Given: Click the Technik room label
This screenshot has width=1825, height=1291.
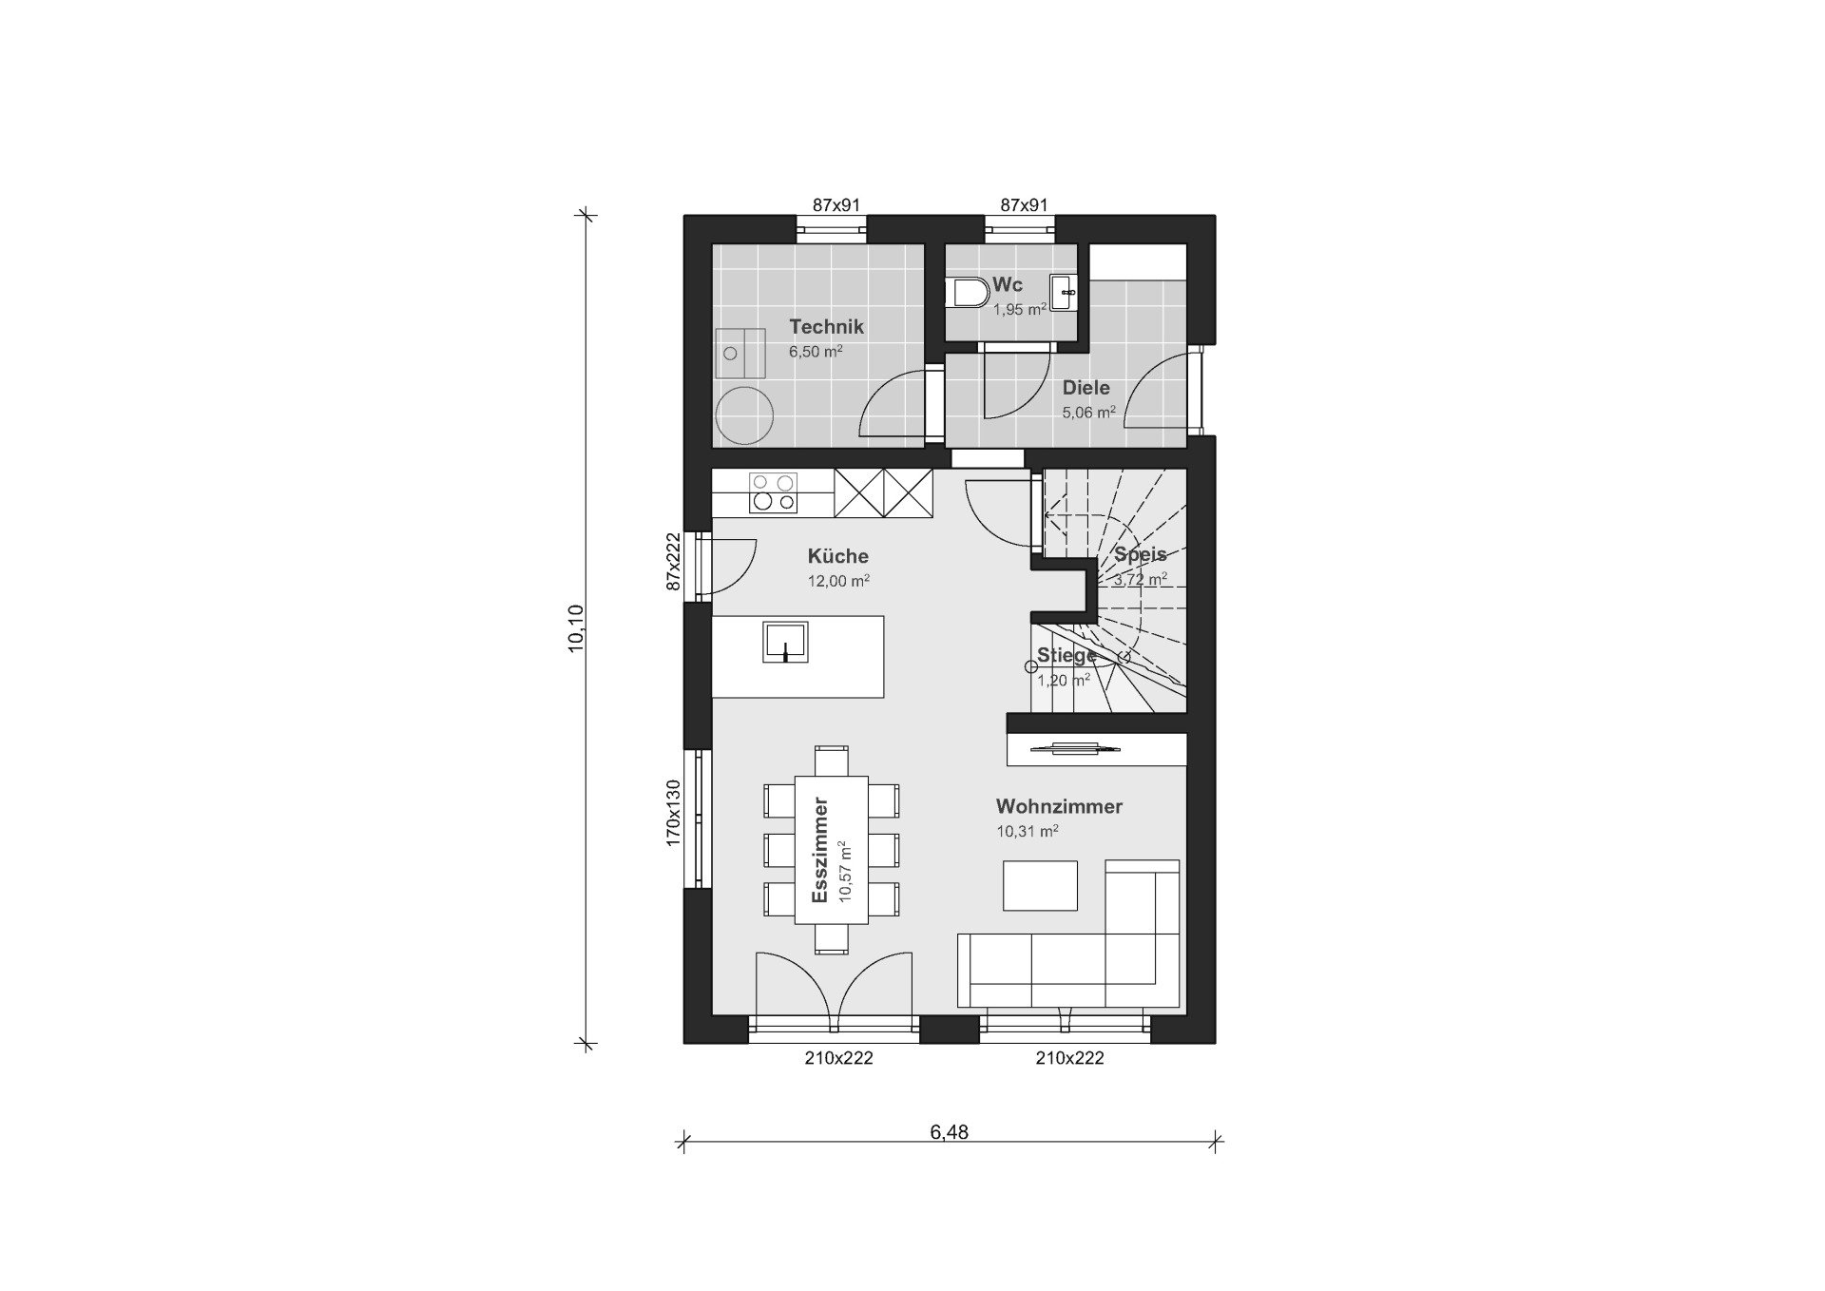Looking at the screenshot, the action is coord(826,327).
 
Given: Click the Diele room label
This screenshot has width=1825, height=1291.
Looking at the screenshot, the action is coord(1085,388).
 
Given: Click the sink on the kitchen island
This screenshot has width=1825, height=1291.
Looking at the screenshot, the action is coord(785,642).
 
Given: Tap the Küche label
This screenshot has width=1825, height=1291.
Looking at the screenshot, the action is coord(837,556).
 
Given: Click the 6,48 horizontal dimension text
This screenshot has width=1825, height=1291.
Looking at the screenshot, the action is coord(949,1131).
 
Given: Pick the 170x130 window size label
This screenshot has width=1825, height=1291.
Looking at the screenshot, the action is coord(673,813).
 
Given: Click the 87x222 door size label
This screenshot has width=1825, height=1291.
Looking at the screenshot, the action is coord(673,562).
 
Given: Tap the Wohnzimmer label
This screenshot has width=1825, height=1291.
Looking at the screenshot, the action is coord(1059,806).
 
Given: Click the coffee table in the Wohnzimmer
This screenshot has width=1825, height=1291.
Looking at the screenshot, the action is coord(1040,885).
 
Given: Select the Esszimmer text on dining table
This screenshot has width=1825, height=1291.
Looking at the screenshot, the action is coord(819,850).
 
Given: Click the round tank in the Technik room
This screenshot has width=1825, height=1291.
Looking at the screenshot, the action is coord(744,414).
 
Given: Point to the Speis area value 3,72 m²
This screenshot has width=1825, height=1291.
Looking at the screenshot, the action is coord(1141,579).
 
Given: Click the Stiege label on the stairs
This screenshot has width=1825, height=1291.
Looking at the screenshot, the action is coord(1066,655).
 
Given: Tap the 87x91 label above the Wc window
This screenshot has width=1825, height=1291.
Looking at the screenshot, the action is coord(1024,204).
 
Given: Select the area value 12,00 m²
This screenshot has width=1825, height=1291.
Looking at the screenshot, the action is coord(838,581).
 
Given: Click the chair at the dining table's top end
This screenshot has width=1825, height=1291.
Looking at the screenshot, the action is coord(832,761).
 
